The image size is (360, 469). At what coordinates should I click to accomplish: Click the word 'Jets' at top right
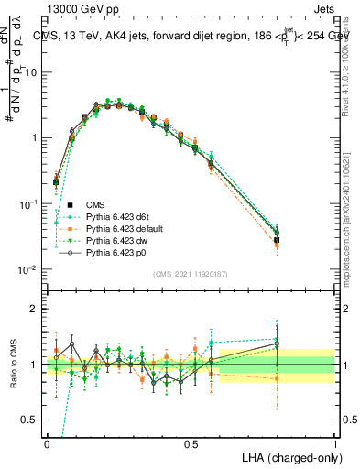coord(321,8)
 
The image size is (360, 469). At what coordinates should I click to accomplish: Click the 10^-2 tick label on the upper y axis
coord(30,269)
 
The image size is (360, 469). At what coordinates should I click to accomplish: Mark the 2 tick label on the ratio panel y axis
coord(35,309)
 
